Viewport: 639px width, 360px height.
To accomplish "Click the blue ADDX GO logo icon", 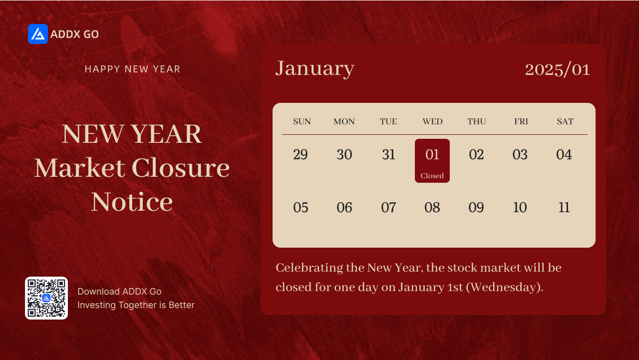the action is point(38,34).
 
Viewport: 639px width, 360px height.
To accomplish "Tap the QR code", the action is point(46,298).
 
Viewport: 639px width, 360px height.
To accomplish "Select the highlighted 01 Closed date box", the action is point(432,161).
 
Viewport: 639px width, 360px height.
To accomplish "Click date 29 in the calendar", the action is point(301,155).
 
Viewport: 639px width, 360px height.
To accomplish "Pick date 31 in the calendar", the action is point(388,155).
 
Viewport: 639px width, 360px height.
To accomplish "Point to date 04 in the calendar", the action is point(564,155).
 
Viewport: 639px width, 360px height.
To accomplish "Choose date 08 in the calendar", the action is point(432,207).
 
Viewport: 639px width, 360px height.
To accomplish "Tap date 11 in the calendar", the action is point(564,207).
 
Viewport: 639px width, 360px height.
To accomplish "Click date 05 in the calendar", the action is point(301,207).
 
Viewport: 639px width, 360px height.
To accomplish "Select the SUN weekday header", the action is point(302,121).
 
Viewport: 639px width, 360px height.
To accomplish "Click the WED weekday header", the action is point(432,121).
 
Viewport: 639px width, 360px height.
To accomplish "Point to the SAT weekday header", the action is point(565,121).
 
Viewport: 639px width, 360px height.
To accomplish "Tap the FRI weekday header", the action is point(521,121).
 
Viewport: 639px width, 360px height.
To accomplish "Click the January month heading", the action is point(315,69).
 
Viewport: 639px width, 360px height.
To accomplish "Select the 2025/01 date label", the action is point(558,70).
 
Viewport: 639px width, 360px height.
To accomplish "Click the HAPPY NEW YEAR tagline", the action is point(133,69).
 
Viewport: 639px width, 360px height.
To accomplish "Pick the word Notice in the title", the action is point(132,202).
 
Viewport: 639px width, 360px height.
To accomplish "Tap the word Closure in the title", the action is point(181,168).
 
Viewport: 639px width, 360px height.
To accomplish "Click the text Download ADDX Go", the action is point(119,292).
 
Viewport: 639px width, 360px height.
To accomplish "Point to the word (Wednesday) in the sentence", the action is point(504,287).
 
